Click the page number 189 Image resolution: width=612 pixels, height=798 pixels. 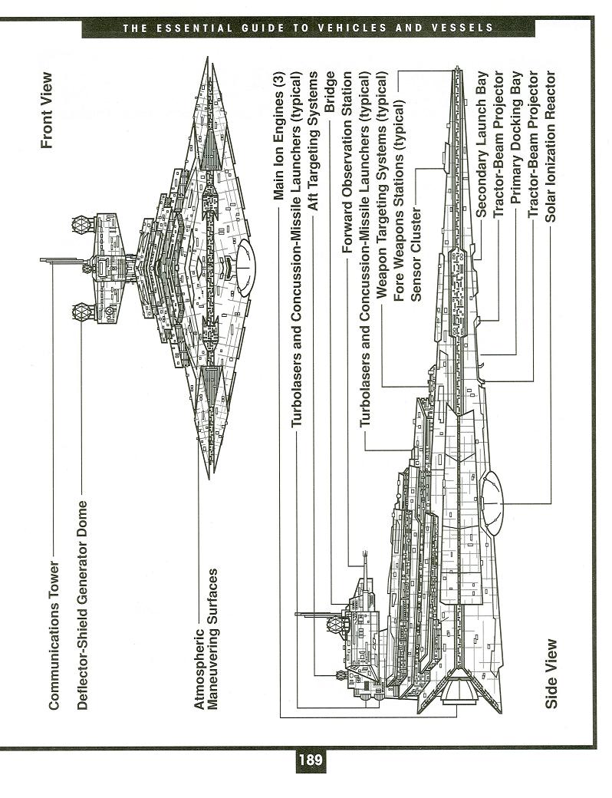(x=309, y=762)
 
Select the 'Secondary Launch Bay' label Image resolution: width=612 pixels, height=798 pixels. (x=482, y=147)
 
